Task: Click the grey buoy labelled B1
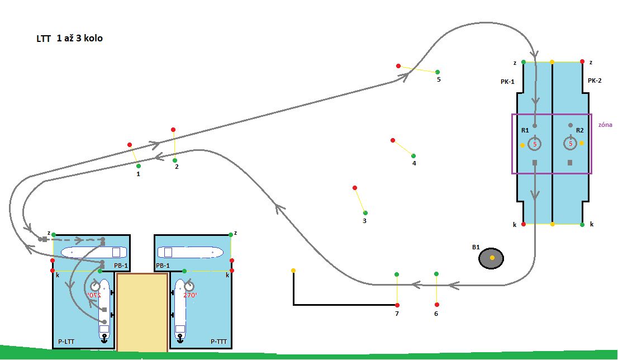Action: [x=492, y=258]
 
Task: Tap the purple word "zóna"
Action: [x=605, y=125]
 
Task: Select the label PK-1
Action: [x=507, y=82]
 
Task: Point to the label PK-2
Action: [x=595, y=81]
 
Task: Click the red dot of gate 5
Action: [x=398, y=66]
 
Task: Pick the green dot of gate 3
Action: [x=365, y=212]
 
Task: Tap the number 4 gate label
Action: [x=414, y=164]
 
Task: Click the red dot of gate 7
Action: [x=397, y=305]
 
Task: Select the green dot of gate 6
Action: [x=436, y=274]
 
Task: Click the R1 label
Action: [x=525, y=130]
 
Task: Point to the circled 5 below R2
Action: [x=571, y=144]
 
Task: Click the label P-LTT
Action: [x=67, y=340]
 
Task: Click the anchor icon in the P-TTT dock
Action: [x=180, y=338]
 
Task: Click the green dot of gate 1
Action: [x=138, y=166]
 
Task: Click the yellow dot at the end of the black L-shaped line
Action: [x=293, y=271]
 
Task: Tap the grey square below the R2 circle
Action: [x=570, y=163]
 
